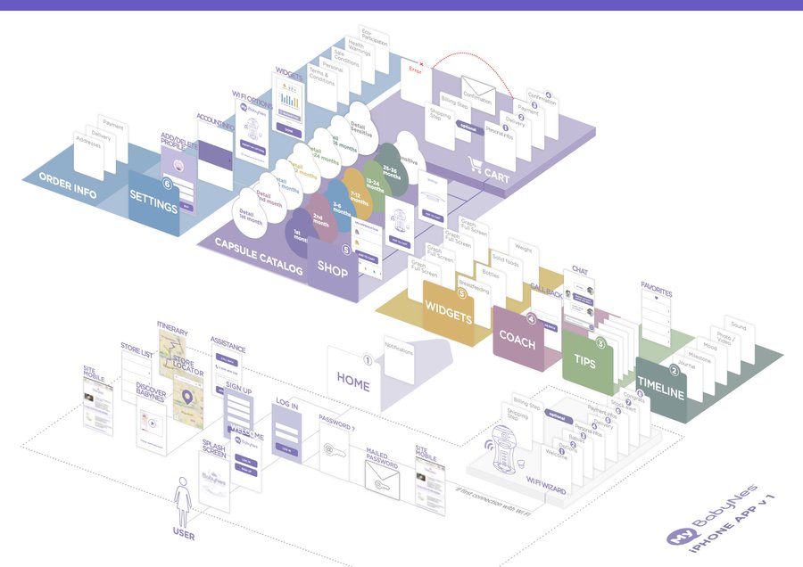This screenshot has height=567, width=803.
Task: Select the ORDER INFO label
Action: (67, 178)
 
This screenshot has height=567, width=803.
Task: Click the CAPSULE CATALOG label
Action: (257, 256)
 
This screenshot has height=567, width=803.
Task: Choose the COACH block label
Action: (517, 337)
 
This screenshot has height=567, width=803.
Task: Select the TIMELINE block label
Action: (660, 389)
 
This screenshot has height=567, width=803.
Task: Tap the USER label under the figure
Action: (183, 536)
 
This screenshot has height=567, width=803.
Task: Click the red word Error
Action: (414, 69)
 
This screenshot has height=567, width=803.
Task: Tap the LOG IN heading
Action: (286, 404)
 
